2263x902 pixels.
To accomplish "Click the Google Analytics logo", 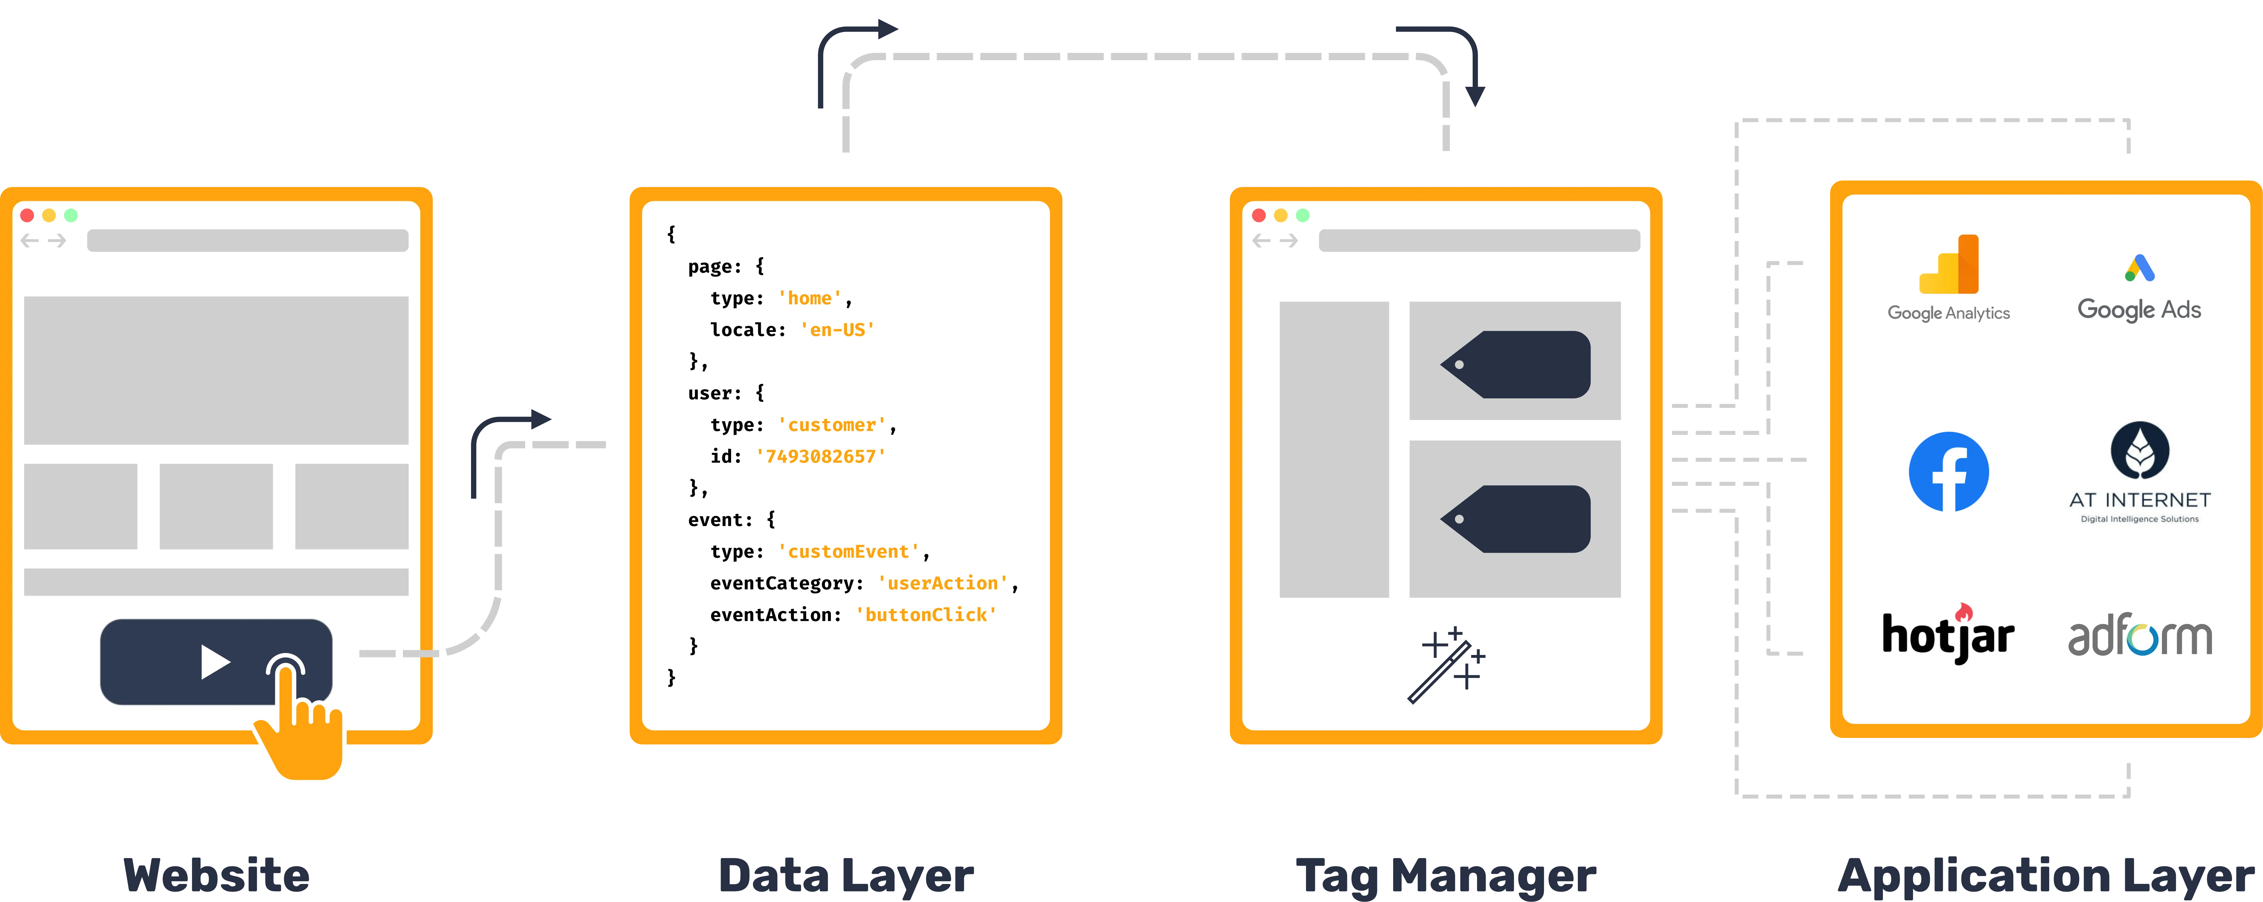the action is point(1948,277).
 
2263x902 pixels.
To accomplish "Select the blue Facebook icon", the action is point(1948,472).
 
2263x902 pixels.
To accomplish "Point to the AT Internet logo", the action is point(2140,473).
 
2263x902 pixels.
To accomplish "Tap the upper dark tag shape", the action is point(1515,365).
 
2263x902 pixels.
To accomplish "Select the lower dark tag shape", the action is point(1515,519).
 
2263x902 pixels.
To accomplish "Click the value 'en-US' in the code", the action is point(837,330).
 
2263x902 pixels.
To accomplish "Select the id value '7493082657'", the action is point(820,457).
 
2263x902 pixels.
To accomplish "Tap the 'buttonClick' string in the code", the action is point(926,615).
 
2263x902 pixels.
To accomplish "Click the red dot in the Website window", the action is point(27,215).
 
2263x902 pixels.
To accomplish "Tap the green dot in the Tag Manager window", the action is point(1303,215).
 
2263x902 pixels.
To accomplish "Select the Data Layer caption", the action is point(846,876).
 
